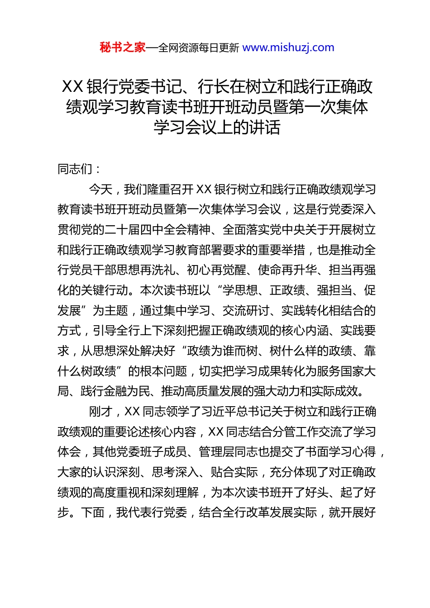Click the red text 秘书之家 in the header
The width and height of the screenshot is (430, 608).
(123, 47)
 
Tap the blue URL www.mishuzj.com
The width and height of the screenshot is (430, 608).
(288, 47)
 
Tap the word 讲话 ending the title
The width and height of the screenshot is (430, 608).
(264, 128)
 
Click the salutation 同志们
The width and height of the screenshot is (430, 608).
(75, 169)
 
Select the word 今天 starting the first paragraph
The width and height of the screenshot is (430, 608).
(100, 189)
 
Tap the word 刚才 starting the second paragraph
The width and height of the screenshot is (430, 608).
(100, 412)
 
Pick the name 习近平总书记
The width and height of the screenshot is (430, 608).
(235, 412)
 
